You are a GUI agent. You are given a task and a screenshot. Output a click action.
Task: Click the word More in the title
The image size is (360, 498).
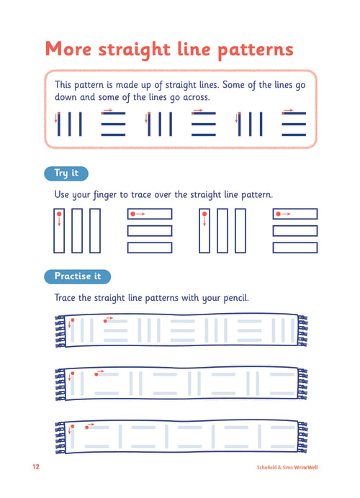coord(68,49)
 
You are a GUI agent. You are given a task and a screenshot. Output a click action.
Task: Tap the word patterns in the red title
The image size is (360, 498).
coord(256,50)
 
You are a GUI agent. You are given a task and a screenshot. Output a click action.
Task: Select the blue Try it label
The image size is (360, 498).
coord(66,173)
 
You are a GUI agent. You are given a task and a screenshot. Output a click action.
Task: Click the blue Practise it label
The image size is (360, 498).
coord(78,276)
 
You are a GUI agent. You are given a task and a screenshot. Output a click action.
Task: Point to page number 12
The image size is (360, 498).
coord(36,466)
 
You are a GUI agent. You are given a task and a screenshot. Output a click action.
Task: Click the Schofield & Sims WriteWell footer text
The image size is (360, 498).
coord(287,468)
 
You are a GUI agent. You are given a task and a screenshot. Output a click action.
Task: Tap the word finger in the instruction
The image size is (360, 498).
coord(105,195)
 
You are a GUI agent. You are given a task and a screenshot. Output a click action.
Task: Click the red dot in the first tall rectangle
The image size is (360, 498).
coord(59,214)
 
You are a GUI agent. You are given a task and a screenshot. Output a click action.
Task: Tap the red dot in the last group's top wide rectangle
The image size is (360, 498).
coord(278,214)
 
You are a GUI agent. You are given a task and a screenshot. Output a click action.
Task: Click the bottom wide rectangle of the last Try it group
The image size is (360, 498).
coord(295,248)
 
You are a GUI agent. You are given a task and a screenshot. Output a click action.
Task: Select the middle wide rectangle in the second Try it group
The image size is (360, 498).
coord(150,231)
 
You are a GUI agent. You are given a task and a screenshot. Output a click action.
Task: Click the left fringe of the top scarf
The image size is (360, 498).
coord(60,331)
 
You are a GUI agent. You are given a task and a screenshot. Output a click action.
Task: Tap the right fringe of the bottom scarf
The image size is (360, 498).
coord(302,437)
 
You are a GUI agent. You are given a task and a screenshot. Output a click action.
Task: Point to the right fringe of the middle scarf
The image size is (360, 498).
coord(302,384)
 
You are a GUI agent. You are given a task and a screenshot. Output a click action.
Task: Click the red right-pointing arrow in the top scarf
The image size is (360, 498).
coord(109,318)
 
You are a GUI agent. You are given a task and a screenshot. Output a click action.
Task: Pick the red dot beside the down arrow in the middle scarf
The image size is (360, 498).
coord(73,373)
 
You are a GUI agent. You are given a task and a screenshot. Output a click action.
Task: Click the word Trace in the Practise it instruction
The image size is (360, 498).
coord(65,298)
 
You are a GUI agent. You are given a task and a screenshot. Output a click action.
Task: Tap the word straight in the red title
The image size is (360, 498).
coord(134,50)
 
